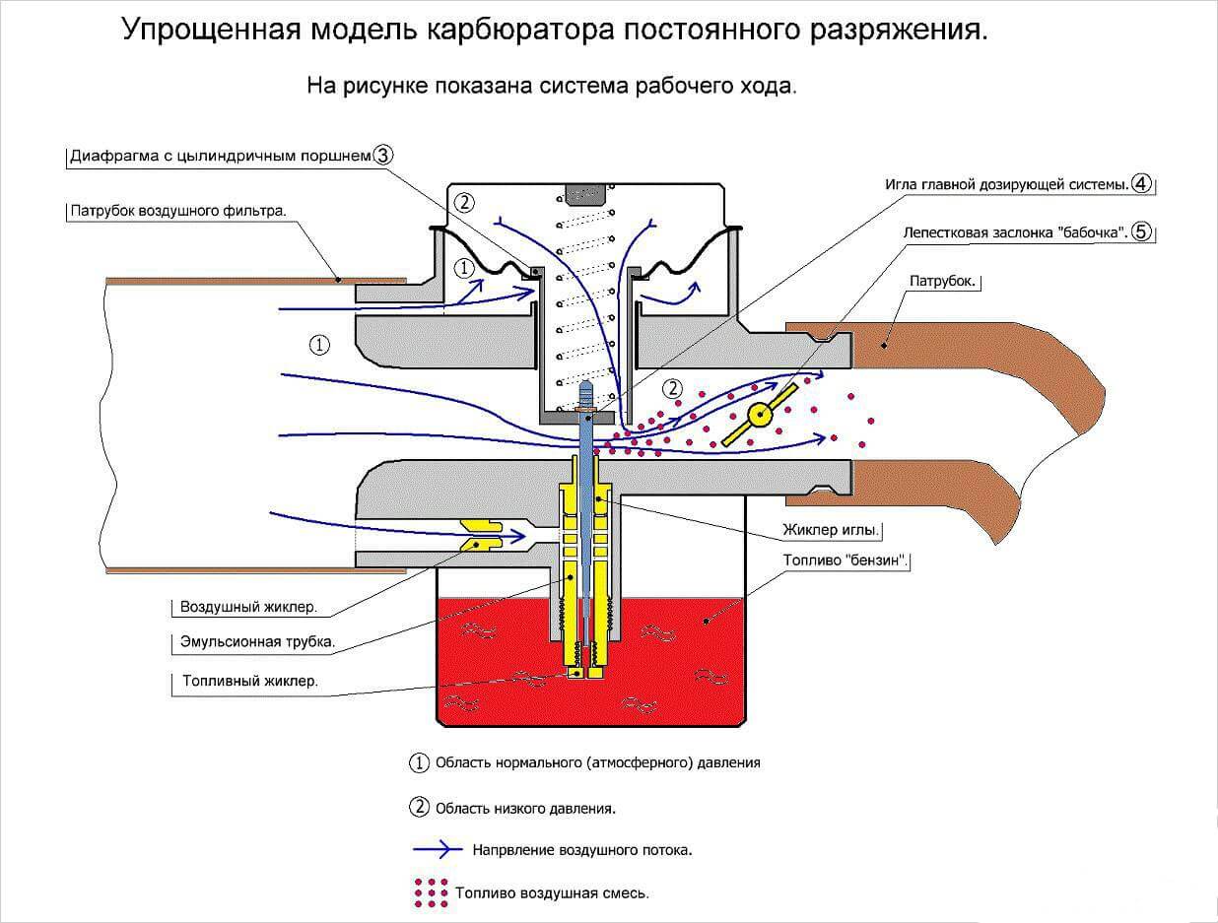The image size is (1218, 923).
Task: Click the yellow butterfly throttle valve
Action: [760, 415]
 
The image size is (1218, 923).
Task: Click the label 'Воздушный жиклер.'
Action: [248, 607]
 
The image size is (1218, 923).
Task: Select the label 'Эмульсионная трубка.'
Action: [257, 642]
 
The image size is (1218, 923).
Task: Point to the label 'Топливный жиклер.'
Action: [250, 681]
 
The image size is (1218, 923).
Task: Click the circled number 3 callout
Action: [383, 155]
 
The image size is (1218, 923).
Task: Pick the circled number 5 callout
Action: [1141, 232]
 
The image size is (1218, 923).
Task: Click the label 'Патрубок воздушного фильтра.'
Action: [178, 211]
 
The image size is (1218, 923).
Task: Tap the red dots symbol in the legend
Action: [432, 892]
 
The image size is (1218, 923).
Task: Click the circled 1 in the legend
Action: [420, 762]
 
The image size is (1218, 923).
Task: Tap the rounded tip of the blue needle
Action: [586, 386]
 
